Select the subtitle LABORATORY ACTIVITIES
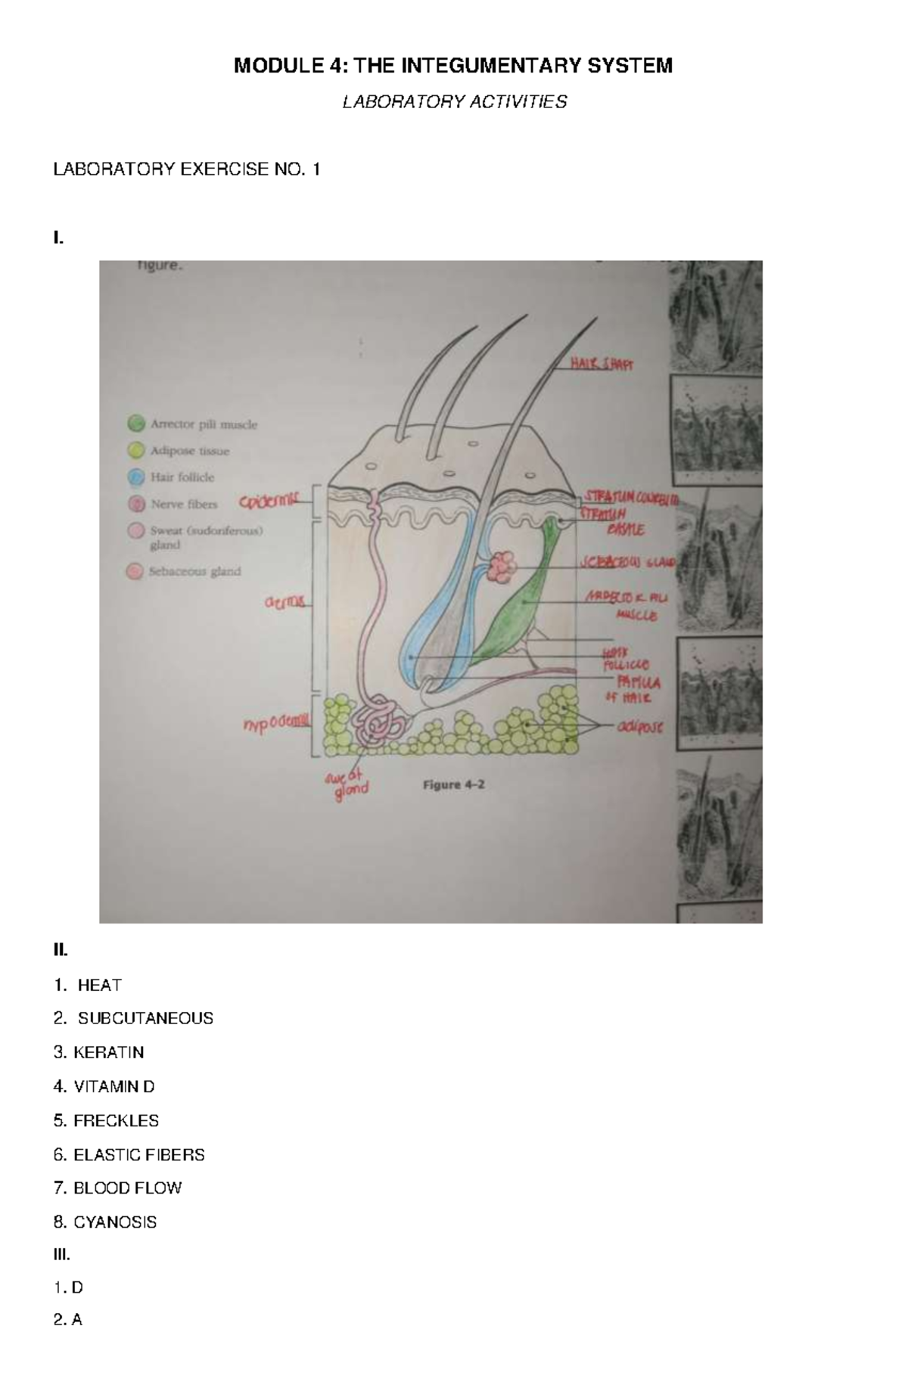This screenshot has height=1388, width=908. click(454, 102)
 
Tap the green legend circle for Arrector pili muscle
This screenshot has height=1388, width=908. click(136, 424)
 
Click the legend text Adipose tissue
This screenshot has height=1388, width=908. click(189, 451)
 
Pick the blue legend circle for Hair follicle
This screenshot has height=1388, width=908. click(136, 477)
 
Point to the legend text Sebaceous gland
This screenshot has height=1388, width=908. click(194, 572)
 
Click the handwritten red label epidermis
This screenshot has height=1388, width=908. click(269, 501)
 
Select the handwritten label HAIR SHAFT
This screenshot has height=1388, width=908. click(602, 365)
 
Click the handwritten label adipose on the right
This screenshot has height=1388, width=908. click(639, 727)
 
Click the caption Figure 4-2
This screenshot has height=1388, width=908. click(453, 784)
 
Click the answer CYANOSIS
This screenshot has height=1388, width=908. click(114, 1222)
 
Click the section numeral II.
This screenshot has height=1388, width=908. click(61, 949)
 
